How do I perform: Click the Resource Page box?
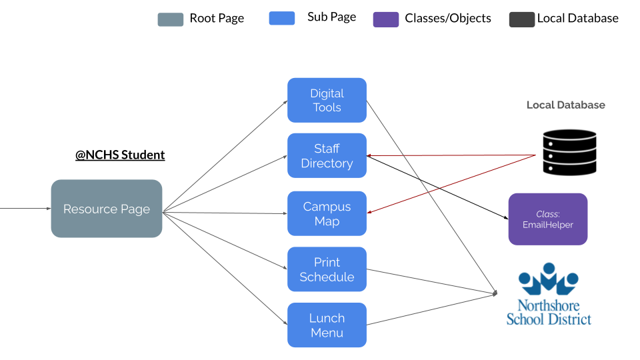pyautogui.click(x=107, y=209)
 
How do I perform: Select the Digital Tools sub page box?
pyautogui.click(x=327, y=100)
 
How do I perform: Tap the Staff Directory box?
pyautogui.click(x=327, y=155)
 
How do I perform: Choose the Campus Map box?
pyautogui.click(x=327, y=213)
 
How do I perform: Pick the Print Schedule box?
pyautogui.click(x=327, y=269)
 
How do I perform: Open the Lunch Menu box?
pyautogui.click(x=327, y=325)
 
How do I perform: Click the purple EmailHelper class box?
pyautogui.click(x=547, y=219)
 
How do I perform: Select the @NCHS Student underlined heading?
pyautogui.click(x=120, y=155)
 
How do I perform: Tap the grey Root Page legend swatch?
pyautogui.click(x=170, y=19)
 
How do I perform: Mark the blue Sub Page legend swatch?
pyautogui.click(x=281, y=18)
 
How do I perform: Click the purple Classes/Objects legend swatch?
pyautogui.click(x=385, y=19)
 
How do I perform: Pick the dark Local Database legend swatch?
pyautogui.click(x=521, y=19)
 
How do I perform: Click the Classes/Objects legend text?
pyautogui.click(x=448, y=19)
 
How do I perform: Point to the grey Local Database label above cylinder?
pyautogui.click(x=565, y=105)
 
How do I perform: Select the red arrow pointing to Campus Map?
pyautogui.click(x=453, y=184)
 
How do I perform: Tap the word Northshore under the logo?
pyautogui.click(x=548, y=306)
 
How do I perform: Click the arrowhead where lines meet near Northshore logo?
pyautogui.click(x=495, y=293)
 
